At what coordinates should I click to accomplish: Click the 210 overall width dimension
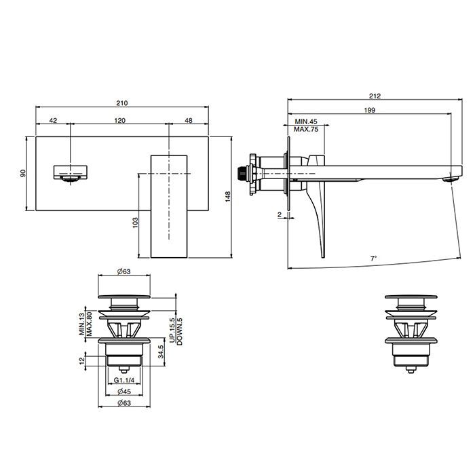click(x=122, y=103)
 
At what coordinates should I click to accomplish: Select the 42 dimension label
click(x=53, y=120)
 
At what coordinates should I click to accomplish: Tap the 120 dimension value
click(x=120, y=120)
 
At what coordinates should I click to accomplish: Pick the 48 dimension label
click(x=189, y=120)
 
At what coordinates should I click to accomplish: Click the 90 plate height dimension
click(x=23, y=173)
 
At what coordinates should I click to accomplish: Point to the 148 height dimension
click(x=228, y=196)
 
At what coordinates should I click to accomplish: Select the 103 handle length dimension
click(x=135, y=223)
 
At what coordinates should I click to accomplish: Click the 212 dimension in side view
click(x=375, y=96)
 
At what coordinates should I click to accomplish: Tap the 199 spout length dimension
click(x=370, y=110)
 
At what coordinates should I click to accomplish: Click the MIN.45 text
click(x=306, y=121)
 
